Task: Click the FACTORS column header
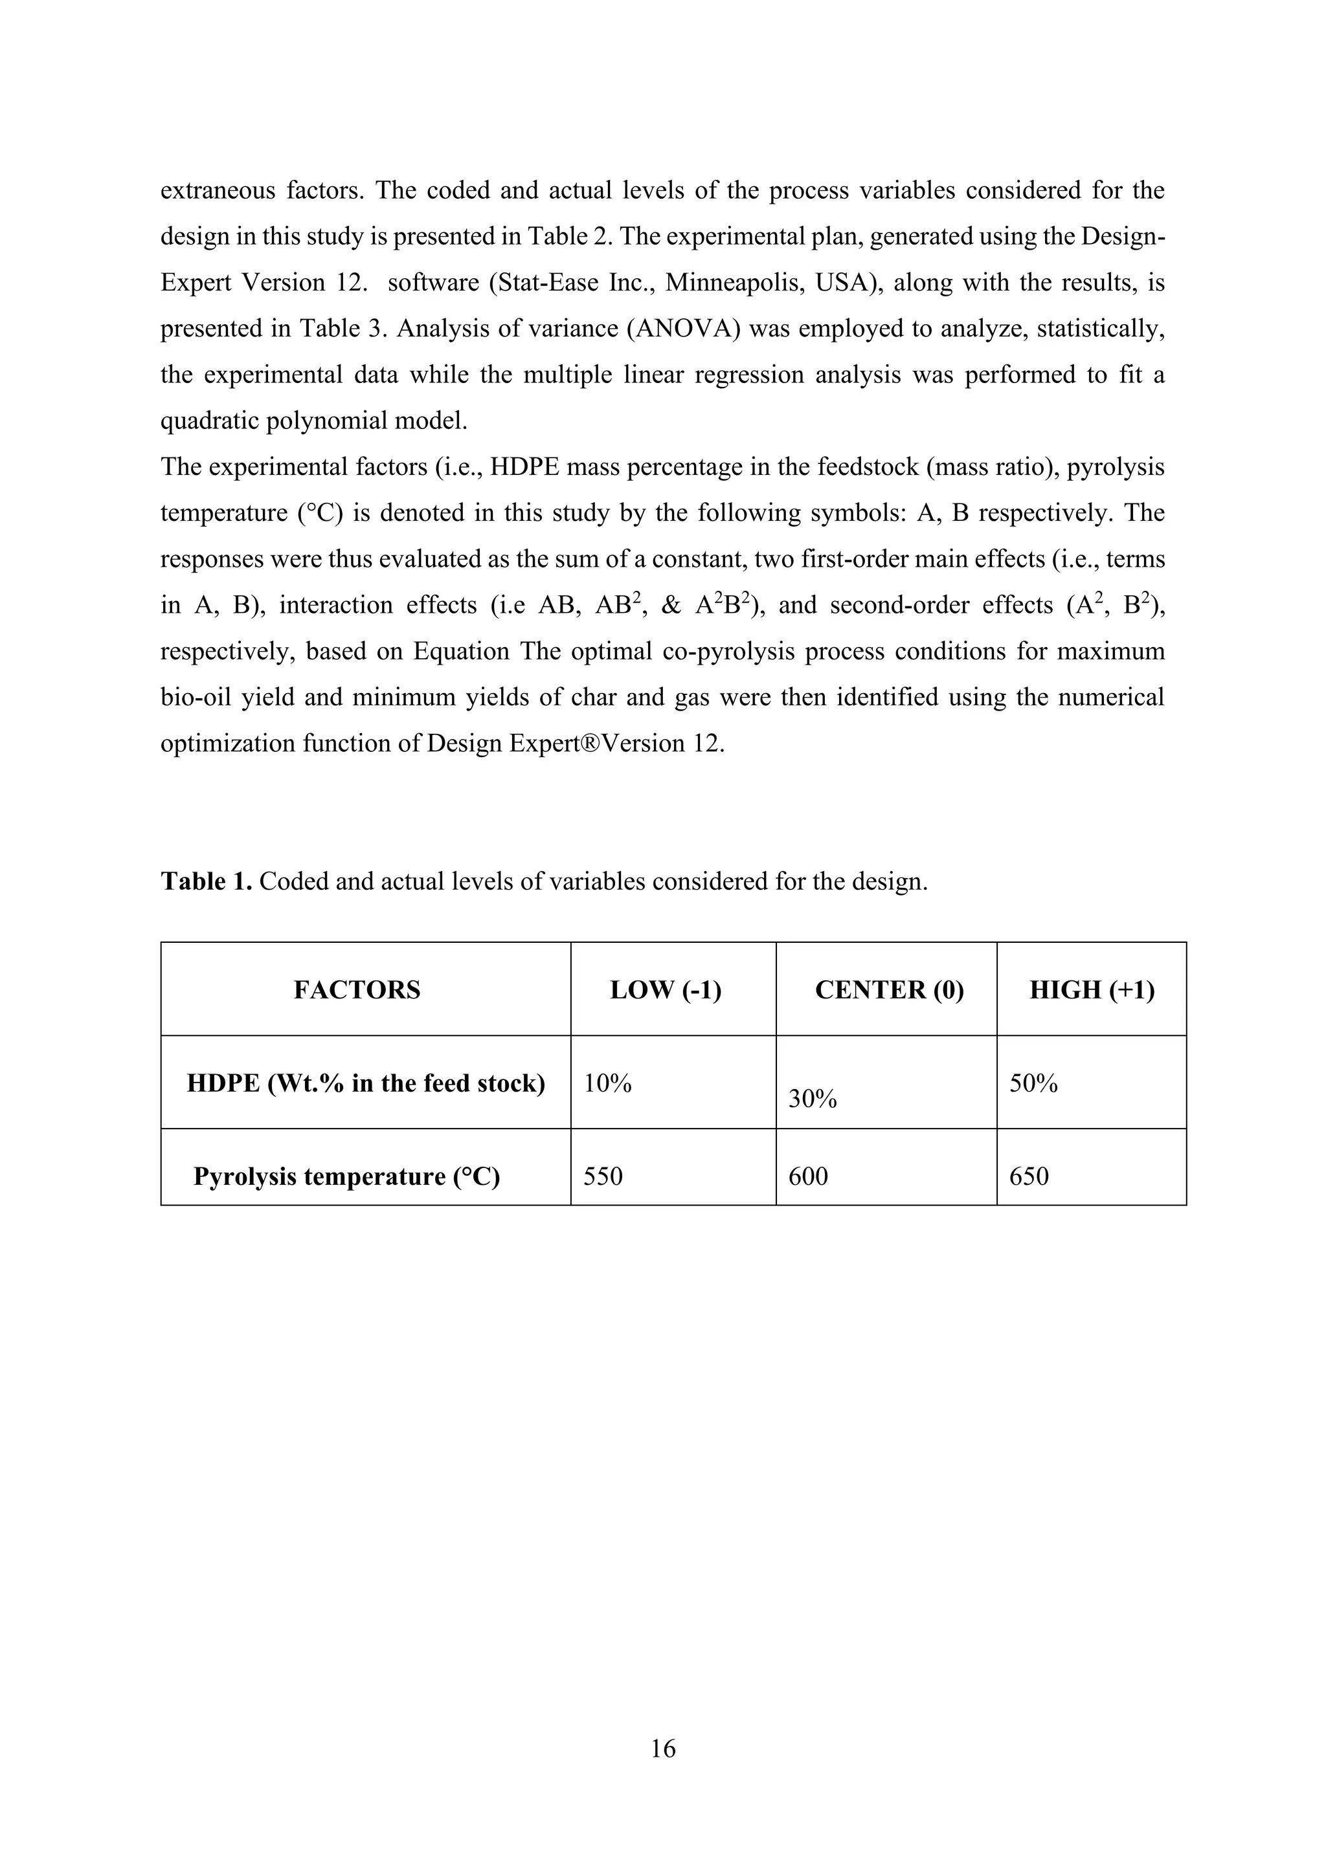(x=357, y=990)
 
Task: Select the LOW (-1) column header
(x=666, y=990)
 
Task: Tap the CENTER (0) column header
(x=889, y=990)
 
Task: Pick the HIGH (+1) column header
(x=1092, y=990)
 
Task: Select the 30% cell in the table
(x=813, y=1099)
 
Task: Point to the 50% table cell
(x=1034, y=1083)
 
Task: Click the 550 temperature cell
(x=603, y=1176)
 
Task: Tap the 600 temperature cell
(x=808, y=1176)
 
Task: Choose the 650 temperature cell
(x=1029, y=1176)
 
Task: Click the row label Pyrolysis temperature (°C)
(x=346, y=1176)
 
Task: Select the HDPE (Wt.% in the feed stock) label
(x=366, y=1083)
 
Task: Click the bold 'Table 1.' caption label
(x=207, y=881)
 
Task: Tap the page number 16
(x=663, y=1748)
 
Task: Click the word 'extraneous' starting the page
(x=217, y=191)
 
